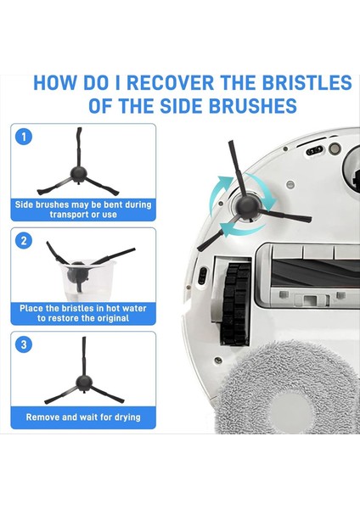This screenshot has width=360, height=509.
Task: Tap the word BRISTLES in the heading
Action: pyautogui.click(x=307, y=82)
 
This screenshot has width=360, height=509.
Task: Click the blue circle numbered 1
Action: pyautogui.click(x=24, y=137)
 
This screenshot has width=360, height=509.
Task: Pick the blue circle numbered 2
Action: pyautogui.click(x=24, y=241)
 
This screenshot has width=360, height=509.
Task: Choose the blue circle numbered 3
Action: pyautogui.click(x=24, y=344)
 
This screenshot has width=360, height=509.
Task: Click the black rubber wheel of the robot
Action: pyautogui.click(x=236, y=304)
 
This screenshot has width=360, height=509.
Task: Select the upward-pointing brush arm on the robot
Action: pyautogui.click(x=235, y=169)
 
